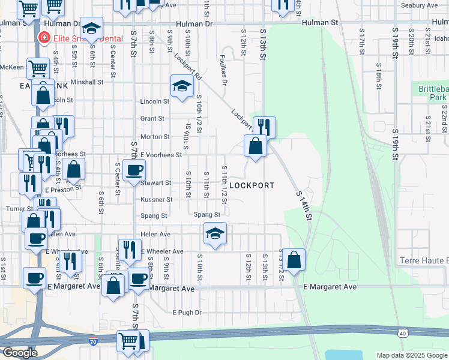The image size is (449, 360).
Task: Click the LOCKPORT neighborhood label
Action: [252, 185]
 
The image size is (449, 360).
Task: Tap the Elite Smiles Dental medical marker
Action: [44, 38]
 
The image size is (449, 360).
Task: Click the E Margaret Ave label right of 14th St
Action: [330, 287]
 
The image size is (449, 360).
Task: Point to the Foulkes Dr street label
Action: [223, 70]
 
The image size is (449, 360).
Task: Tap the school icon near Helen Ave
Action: [215, 233]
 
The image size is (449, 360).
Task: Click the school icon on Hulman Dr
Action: [92, 28]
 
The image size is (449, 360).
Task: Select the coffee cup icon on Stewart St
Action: [133, 170]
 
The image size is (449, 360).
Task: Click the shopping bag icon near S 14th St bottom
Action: [294, 260]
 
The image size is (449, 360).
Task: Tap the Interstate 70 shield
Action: [92, 341]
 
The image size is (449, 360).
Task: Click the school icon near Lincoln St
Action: [182, 86]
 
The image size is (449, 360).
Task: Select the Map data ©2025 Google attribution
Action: [411, 355]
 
